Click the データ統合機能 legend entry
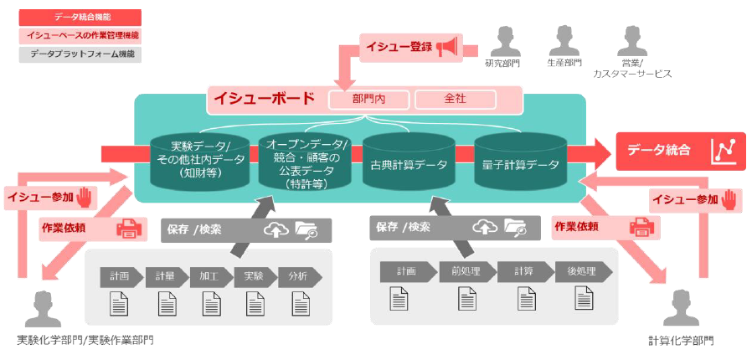click(80, 17)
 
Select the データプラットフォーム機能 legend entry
click(80, 54)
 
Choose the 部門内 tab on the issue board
click(368, 99)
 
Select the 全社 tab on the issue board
click(455, 99)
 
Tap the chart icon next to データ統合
click(724, 151)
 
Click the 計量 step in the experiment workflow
click(165, 276)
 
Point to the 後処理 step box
click(580, 271)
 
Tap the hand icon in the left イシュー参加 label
click(84, 198)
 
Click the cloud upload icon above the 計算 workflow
click(485, 226)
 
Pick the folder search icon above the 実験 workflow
click(306, 230)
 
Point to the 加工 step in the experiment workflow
click(209, 276)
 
